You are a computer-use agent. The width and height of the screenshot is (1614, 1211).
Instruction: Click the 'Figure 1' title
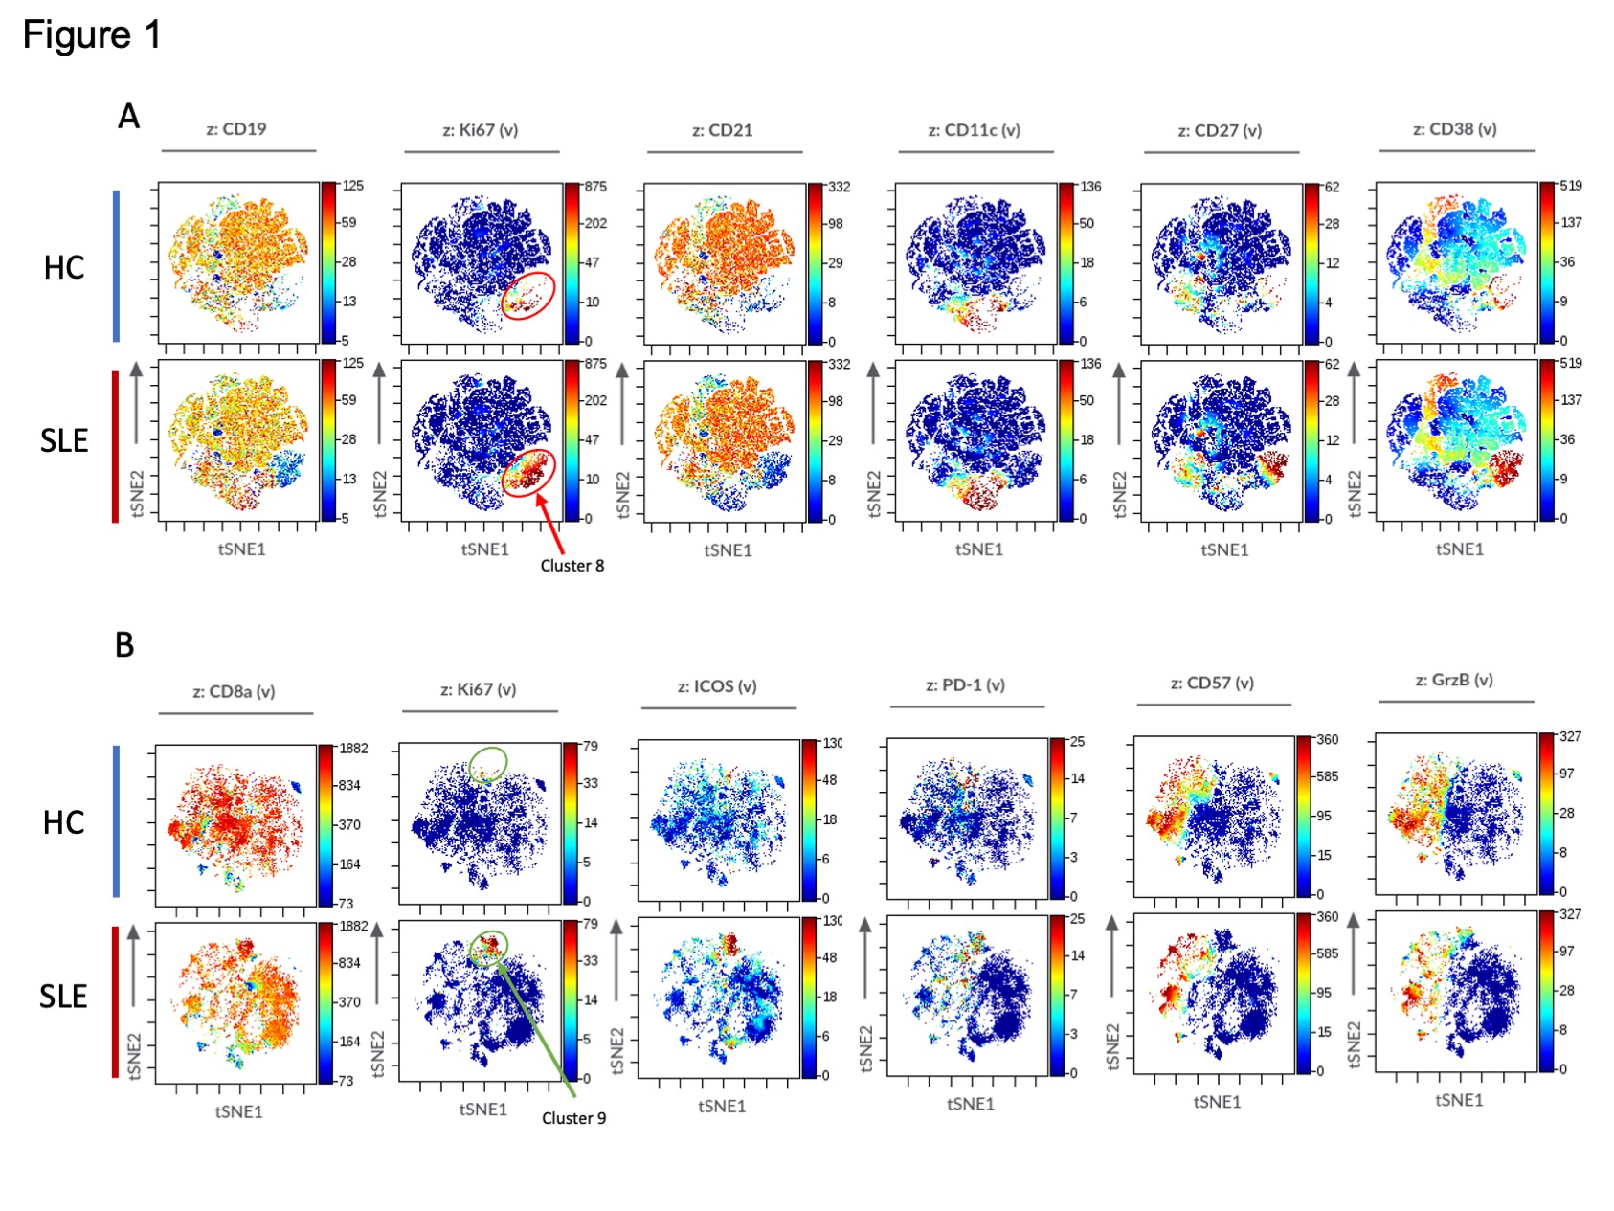point(92,35)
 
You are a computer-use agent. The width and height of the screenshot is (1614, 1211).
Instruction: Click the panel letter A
point(128,116)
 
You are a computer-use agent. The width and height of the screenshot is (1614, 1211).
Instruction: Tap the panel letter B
point(124,645)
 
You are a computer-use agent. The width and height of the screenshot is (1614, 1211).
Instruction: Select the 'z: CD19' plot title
point(236,129)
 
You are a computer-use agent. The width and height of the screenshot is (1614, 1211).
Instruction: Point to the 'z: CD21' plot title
point(722,130)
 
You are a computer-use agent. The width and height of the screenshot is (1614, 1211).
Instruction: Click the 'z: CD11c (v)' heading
point(974,130)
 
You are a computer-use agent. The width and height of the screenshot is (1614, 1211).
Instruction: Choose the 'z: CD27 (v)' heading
point(1220,130)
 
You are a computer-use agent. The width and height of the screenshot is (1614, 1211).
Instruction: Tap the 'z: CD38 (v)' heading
point(1454,129)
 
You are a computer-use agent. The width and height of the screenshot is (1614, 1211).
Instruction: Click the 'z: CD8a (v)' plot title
point(234,691)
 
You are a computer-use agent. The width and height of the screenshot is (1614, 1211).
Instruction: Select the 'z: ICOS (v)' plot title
point(717,686)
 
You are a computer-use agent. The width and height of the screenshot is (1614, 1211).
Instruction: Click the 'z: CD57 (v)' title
point(1212,684)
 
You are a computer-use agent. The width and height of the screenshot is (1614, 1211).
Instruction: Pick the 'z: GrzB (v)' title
point(1454,681)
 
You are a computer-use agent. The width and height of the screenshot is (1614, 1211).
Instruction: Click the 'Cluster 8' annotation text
point(572,566)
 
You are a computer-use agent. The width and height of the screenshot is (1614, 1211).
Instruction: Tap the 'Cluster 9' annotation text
point(573,1118)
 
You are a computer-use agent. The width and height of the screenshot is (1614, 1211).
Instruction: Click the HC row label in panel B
point(63,822)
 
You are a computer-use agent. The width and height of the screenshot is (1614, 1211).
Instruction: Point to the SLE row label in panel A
point(63,440)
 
